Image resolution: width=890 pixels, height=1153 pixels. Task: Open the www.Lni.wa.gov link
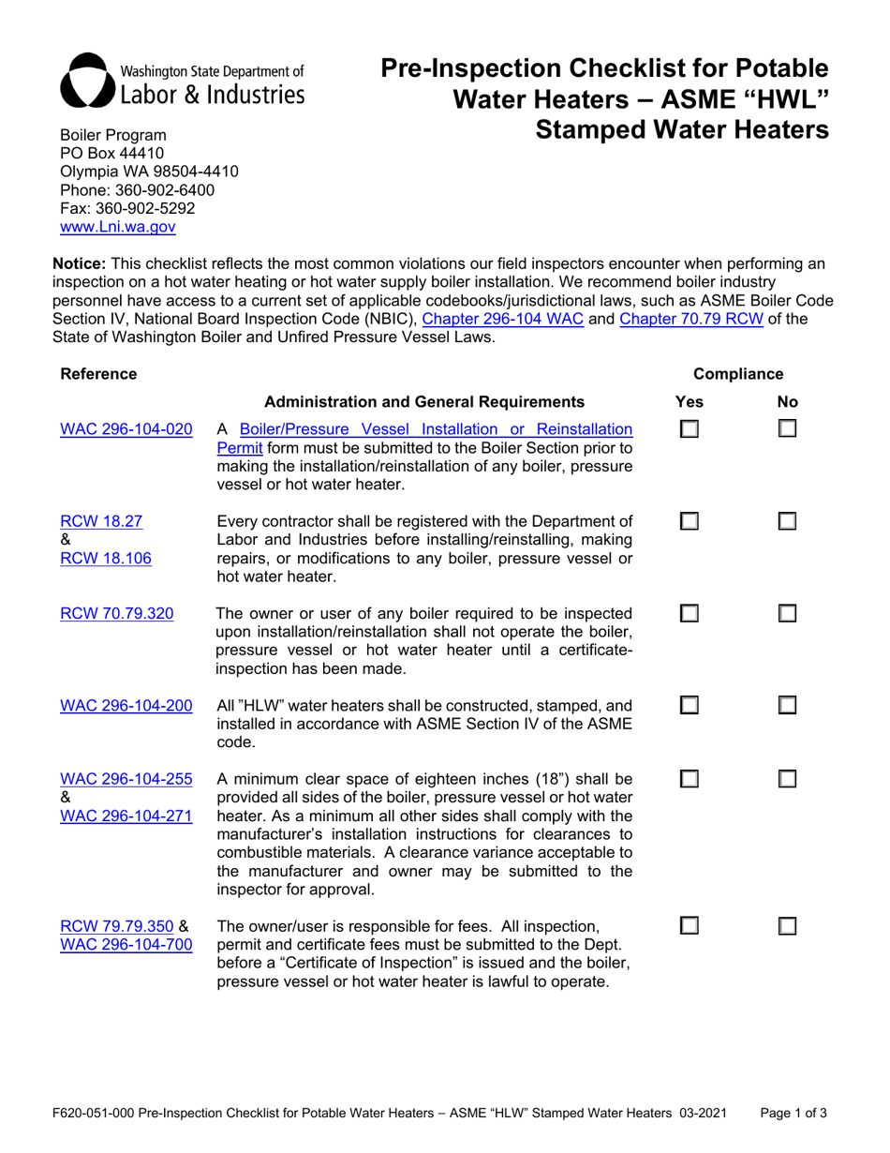(x=116, y=226)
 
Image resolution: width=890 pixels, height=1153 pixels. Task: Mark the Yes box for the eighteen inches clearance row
(x=689, y=780)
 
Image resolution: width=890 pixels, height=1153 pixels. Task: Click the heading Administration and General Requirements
(x=425, y=402)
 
